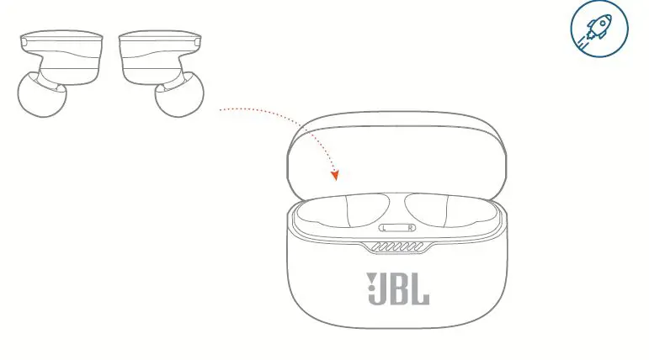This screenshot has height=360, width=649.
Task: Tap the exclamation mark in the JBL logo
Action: click(x=370, y=289)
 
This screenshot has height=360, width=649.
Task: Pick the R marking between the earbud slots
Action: click(x=410, y=228)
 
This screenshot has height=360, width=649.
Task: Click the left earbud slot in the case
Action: click(x=345, y=211)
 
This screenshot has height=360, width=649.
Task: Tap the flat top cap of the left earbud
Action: click(x=61, y=40)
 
